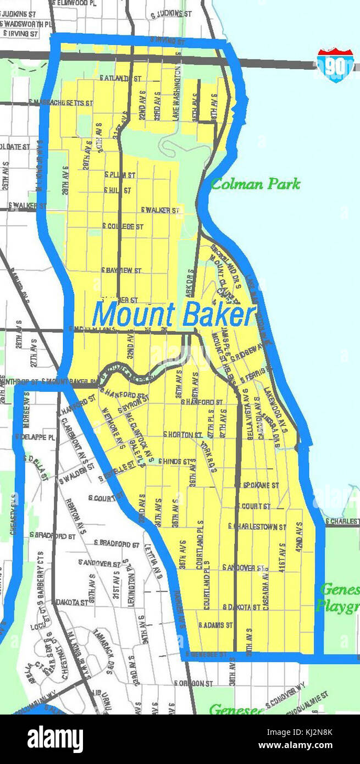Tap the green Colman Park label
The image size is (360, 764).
click(x=256, y=184)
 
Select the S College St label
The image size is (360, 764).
click(x=123, y=226)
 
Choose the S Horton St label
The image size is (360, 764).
click(x=182, y=434)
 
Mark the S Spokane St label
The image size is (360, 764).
click(x=257, y=485)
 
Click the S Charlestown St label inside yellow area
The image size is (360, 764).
click(x=257, y=527)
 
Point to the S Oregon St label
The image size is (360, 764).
click(x=193, y=683)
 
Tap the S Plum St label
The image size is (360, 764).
click(x=119, y=175)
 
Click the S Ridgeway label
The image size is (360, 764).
click(x=249, y=352)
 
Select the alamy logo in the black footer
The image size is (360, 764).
click(x=55, y=739)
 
